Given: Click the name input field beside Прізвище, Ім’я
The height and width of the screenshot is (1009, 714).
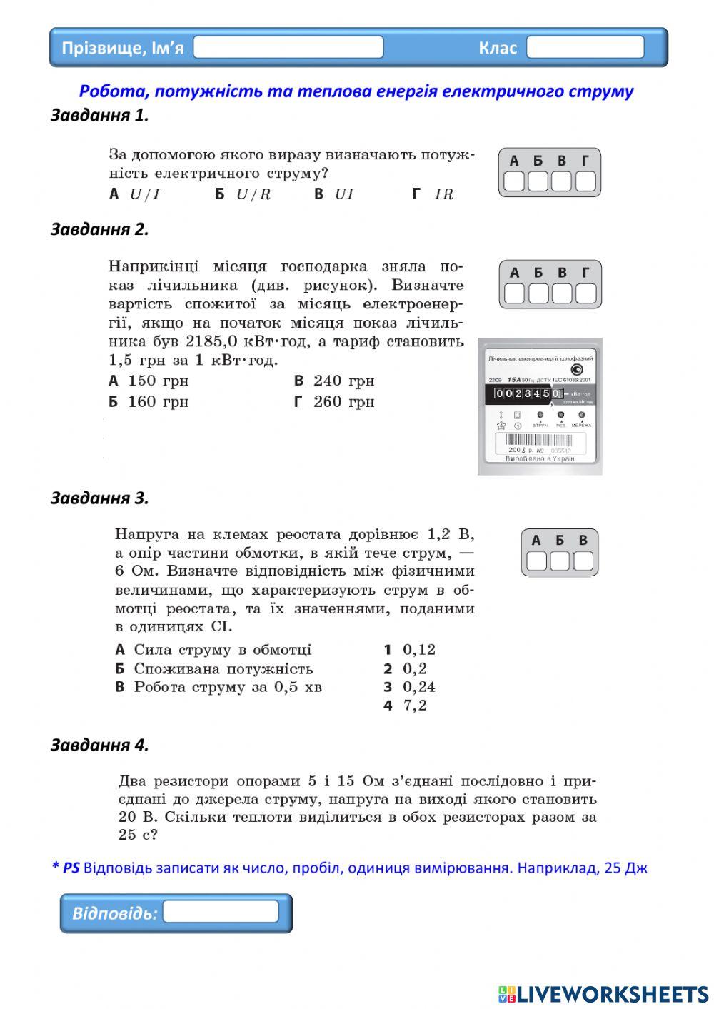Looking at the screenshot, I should pos(288,48).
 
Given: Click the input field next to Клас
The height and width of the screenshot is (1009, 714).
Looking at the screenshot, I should pos(585,48).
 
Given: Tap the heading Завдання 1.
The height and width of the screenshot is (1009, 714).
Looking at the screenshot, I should pos(99,115).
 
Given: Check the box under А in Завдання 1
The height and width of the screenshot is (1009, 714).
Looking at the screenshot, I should pos(514,181).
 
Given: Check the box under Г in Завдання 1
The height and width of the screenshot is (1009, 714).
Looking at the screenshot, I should pos(585,181).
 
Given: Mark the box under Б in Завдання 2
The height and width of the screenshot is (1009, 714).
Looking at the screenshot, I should pos(538,293).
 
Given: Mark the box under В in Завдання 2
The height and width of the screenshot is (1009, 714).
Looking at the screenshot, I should pos(562,293).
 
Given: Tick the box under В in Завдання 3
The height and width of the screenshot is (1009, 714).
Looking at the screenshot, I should pos(583,561).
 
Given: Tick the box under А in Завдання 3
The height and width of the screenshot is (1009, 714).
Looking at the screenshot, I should pos(536,561).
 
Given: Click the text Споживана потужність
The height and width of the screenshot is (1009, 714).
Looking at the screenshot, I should pos(223,669).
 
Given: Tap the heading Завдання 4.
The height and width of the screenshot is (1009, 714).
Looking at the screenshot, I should pos(99,745).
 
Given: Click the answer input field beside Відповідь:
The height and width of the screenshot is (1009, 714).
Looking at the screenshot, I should pos(221,912).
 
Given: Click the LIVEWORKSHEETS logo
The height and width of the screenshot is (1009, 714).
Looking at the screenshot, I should pos(603,994).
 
